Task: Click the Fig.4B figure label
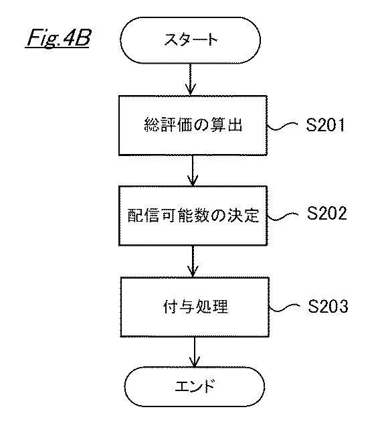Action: (x=58, y=38)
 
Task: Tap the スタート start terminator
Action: (x=190, y=40)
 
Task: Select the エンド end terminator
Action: (x=195, y=386)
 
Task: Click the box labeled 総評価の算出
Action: (x=193, y=125)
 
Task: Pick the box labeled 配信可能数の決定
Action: (x=193, y=216)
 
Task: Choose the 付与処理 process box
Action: (x=195, y=307)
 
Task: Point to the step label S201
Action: (x=326, y=125)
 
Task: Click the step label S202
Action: (x=327, y=213)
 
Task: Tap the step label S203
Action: (x=328, y=306)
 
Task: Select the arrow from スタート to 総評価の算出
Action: (x=191, y=79)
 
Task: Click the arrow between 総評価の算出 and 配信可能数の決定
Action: (x=193, y=171)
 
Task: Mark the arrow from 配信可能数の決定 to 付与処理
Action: (x=193, y=261)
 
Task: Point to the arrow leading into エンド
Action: (x=195, y=352)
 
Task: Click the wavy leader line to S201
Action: (x=282, y=127)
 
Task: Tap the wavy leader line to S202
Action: (x=283, y=216)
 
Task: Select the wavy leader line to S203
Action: (x=284, y=307)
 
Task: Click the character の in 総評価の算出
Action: (x=201, y=125)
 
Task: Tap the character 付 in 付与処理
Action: (x=171, y=307)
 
